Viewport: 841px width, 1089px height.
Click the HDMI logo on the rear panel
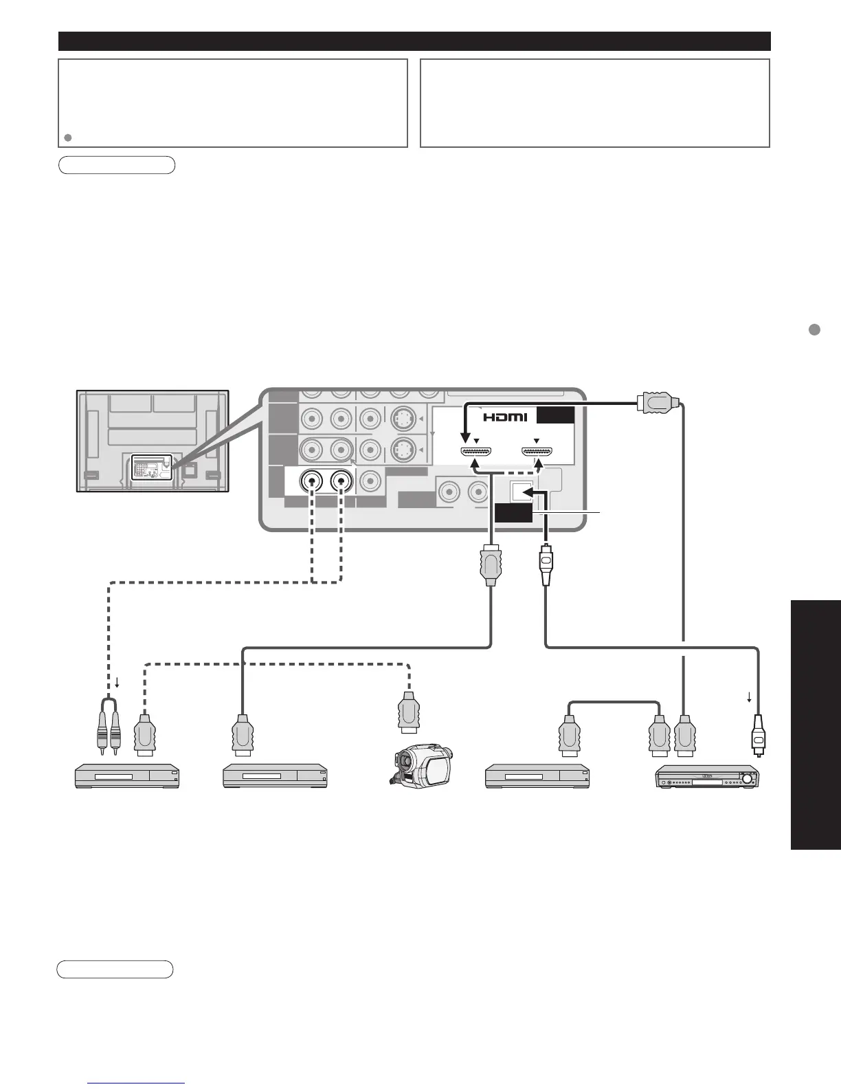point(504,417)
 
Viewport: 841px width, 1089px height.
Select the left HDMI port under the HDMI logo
point(475,452)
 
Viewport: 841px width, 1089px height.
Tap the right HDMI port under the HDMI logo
point(538,452)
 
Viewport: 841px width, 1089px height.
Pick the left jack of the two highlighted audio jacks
point(313,482)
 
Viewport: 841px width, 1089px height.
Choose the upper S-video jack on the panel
point(402,418)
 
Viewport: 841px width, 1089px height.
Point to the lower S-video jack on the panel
point(402,450)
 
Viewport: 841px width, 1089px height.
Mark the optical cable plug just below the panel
point(546,565)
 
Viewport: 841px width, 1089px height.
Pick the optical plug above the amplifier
point(757,735)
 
